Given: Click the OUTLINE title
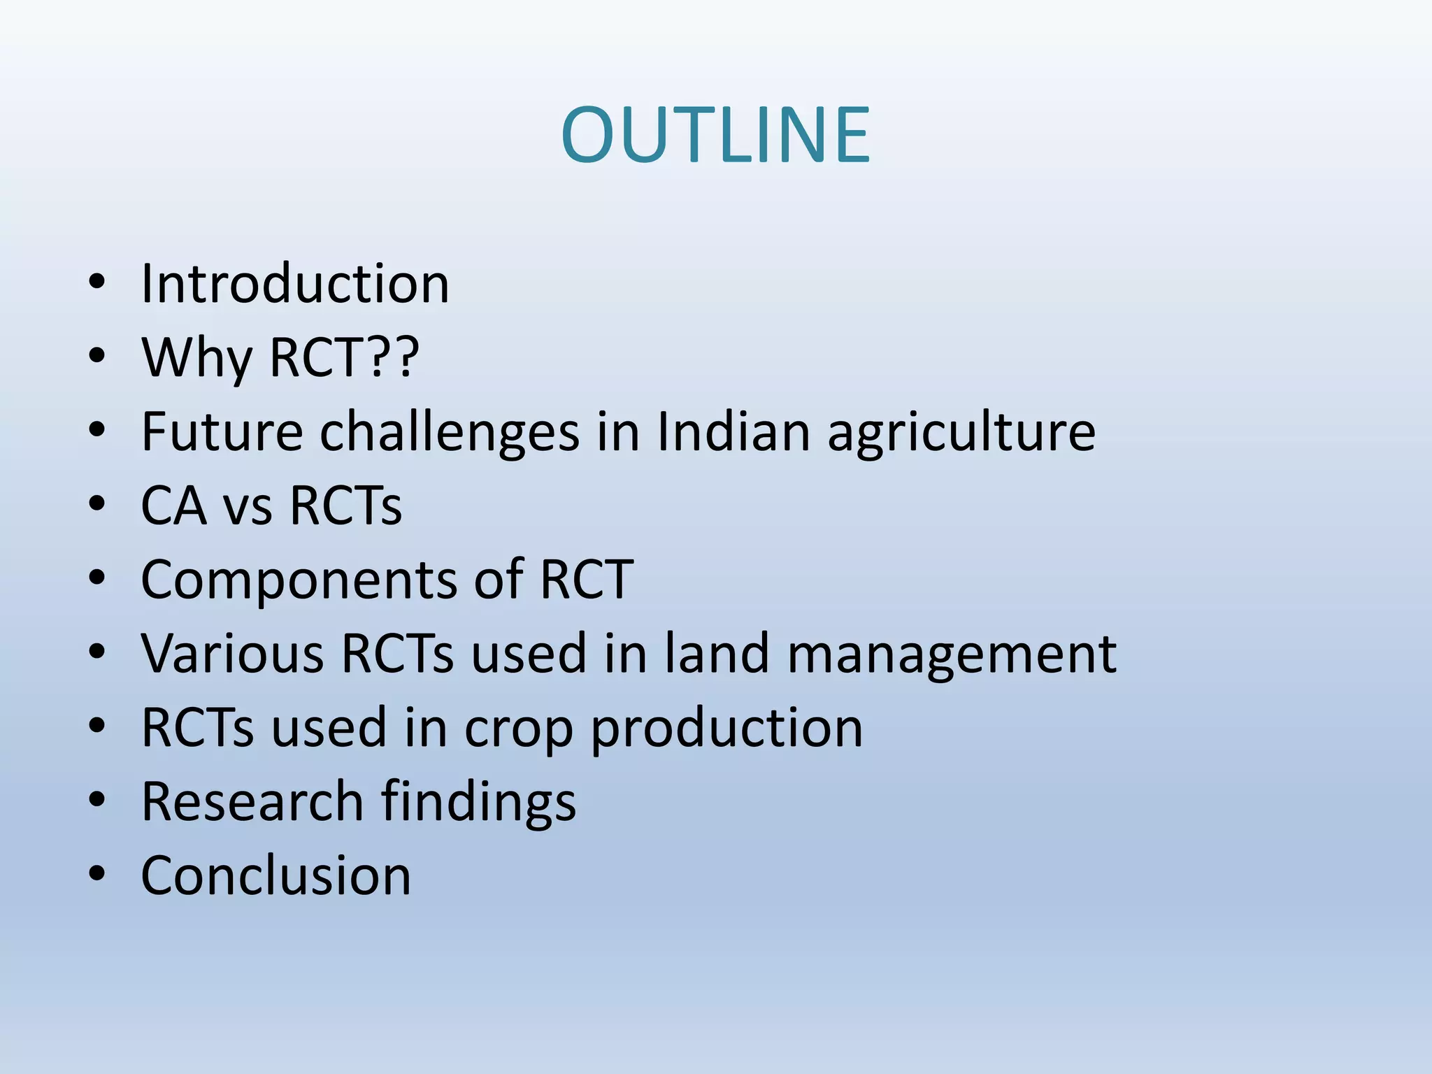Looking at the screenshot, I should coord(715,134).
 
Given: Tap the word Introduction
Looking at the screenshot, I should coord(294,284).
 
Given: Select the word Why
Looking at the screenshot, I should coord(196,358).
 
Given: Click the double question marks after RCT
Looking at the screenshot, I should coord(393,357).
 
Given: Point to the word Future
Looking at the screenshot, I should coord(222,431).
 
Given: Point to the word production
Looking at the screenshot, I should coord(726,729).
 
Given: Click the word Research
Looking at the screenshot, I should coord(252,801).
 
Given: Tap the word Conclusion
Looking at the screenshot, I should coord(275,875).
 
